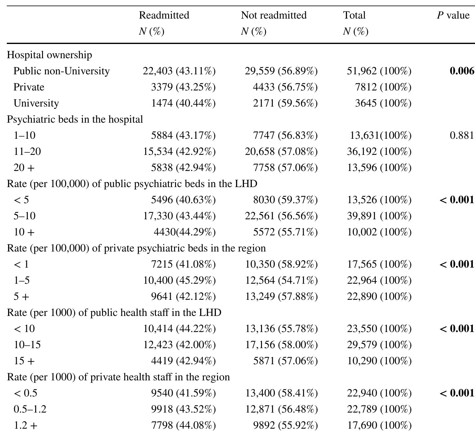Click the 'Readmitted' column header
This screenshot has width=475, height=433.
pyautogui.click(x=164, y=15)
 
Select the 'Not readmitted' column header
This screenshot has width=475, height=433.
pyautogui.click(x=274, y=15)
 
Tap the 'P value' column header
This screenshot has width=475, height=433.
pyautogui.click(x=453, y=15)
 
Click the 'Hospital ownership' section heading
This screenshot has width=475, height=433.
pyautogui.click(x=49, y=55)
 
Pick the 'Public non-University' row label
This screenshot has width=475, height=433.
pyautogui.click(x=62, y=71)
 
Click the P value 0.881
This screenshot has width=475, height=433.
pyautogui.click(x=462, y=135)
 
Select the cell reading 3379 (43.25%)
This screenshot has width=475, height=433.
pyautogui.click(x=183, y=87)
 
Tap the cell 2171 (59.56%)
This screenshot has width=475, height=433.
pyautogui.click(x=285, y=103)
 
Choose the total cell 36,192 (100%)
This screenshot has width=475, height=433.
pyautogui.click(x=379, y=151)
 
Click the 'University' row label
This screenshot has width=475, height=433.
pyautogui.click(x=36, y=103)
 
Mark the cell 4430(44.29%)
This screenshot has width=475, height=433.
pyautogui.click(x=185, y=232)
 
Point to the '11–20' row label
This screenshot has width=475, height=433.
pyautogui.click(x=27, y=151)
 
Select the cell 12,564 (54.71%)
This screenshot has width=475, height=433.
pyautogui.click(x=281, y=280)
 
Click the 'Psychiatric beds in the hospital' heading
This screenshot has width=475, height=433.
pyautogui.click(x=75, y=119)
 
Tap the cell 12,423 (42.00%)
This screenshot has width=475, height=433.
pyautogui.click(x=179, y=345)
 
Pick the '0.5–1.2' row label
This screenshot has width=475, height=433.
pyautogui.click(x=30, y=409)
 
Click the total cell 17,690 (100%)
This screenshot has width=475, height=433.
pyautogui.click(x=379, y=425)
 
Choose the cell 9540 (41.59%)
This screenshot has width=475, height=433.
pyautogui.click(x=183, y=393)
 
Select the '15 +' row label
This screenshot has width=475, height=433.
pyautogui.click(x=24, y=361)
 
